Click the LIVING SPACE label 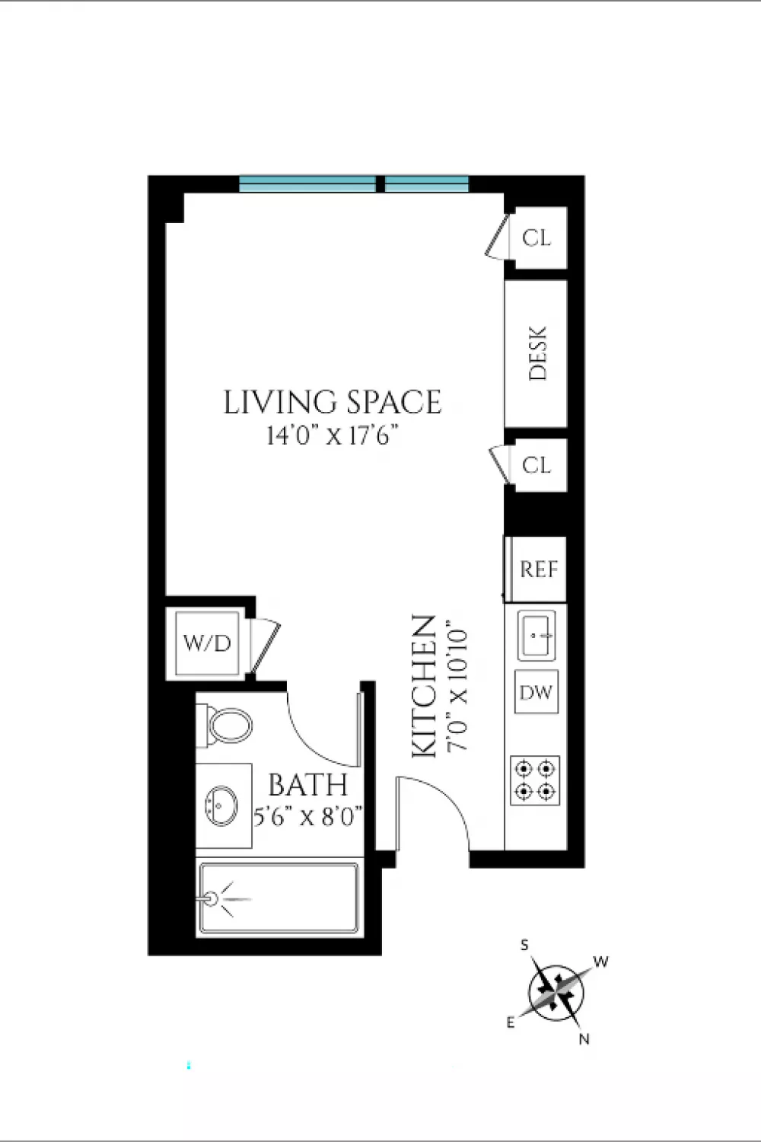tap(333, 402)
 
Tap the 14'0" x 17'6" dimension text tap(332, 436)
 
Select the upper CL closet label tap(537, 238)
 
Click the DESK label tap(537, 353)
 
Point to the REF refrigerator tap(535, 569)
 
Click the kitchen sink tap(537, 636)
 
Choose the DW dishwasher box tap(537, 692)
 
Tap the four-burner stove tap(535, 780)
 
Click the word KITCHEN tap(424, 687)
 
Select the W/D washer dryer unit tap(207, 643)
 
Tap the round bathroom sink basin tap(221, 805)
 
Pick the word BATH tap(308, 785)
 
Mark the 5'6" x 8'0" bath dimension tap(308, 817)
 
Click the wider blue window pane tap(307, 183)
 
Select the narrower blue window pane tap(427, 183)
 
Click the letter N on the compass tap(584, 1038)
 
